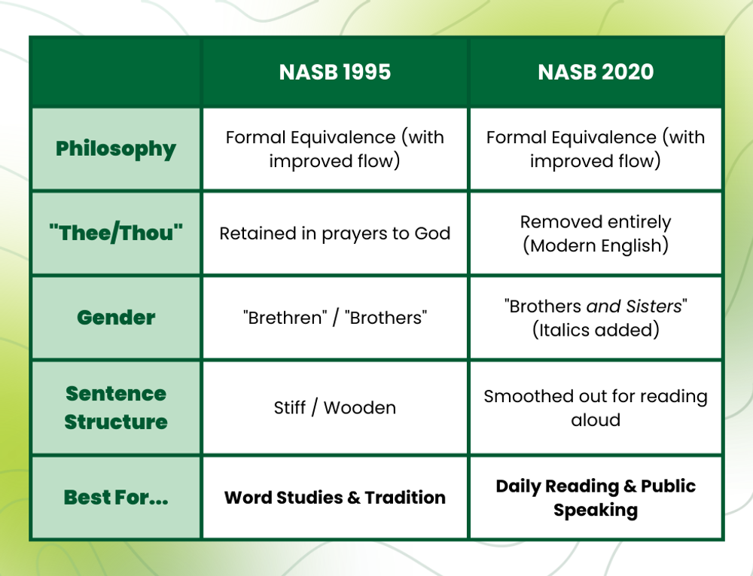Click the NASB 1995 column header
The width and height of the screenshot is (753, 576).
(x=335, y=72)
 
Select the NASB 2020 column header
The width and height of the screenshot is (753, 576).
(x=596, y=72)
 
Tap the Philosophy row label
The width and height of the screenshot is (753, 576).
(x=116, y=148)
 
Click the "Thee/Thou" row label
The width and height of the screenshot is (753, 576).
(x=116, y=233)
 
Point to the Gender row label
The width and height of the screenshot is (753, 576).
(x=116, y=317)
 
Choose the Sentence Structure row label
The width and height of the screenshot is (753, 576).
(x=116, y=407)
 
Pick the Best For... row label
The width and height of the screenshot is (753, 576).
(x=116, y=497)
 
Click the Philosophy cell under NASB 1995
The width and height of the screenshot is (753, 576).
(x=335, y=149)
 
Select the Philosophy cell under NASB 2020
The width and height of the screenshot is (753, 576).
(x=596, y=149)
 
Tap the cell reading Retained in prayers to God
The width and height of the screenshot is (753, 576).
(x=335, y=233)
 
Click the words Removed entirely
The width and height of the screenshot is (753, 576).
(x=596, y=222)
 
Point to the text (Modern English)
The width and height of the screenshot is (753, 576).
(x=596, y=246)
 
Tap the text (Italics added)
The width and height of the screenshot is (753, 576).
(x=596, y=330)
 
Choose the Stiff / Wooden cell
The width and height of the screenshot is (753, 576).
(x=335, y=407)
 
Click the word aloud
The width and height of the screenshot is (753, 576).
(x=596, y=419)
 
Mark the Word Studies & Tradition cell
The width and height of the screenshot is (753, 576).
(x=335, y=498)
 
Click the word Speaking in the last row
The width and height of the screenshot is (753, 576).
(x=596, y=510)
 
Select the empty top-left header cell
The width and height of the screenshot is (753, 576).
(x=116, y=72)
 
